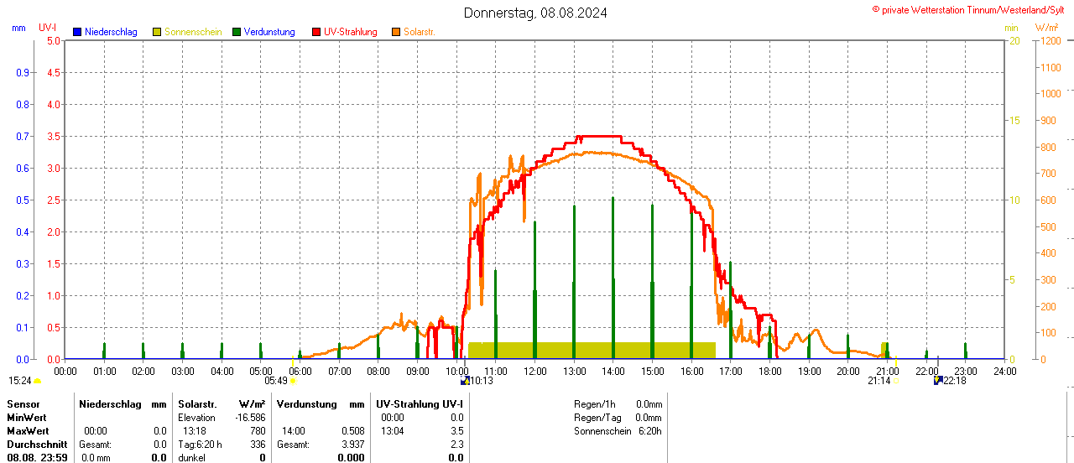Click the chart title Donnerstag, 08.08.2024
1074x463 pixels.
(536, 13)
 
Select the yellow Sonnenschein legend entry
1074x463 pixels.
(192, 32)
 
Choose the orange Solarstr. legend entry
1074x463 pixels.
(419, 32)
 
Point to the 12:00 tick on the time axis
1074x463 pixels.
(535, 371)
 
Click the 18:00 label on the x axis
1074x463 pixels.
(770, 371)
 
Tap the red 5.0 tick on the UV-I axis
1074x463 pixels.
(53, 40)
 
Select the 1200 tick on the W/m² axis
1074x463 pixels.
(1050, 40)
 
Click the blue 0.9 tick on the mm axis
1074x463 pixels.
(22, 72)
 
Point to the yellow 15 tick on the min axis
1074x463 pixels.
(1014, 120)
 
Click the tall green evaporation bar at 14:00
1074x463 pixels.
(613, 277)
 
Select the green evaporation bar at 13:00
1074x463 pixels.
(574, 281)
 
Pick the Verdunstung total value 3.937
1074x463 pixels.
(353, 445)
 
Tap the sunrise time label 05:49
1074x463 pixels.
(276, 380)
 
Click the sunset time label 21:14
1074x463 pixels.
(878, 380)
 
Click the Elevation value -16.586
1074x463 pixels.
(251, 418)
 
